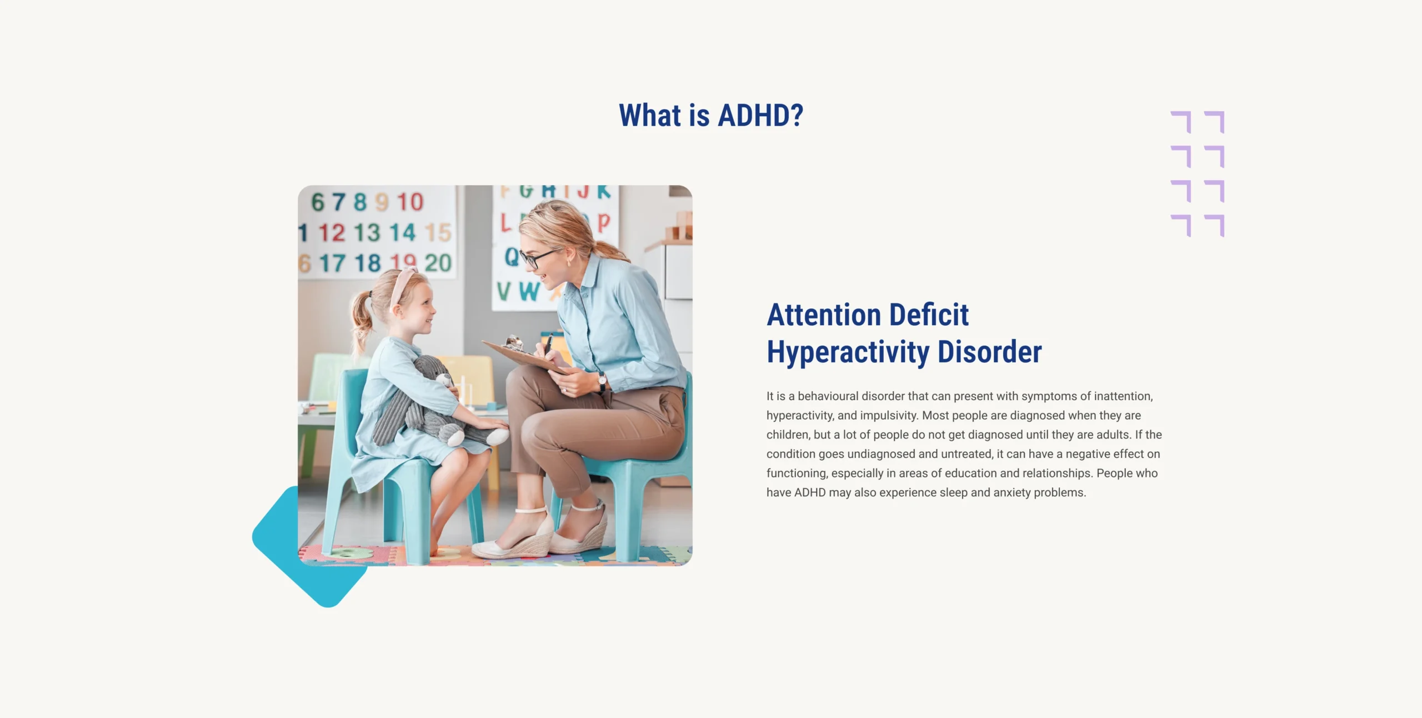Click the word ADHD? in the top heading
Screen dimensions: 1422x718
tap(760, 116)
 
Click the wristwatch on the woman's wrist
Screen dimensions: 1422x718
tap(602, 382)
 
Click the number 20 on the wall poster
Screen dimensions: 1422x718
tap(438, 263)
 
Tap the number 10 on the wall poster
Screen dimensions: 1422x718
tap(410, 202)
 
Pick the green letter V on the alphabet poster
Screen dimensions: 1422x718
tap(504, 291)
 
